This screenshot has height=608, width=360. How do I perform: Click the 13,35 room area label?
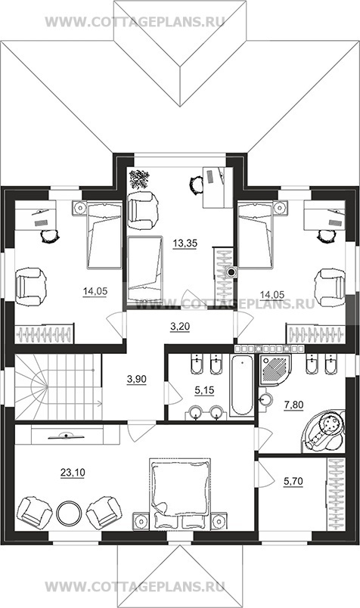[185, 244]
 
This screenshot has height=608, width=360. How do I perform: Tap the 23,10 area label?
[73, 473]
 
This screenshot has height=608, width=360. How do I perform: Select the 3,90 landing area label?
[137, 379]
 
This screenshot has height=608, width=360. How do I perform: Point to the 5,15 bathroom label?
[204, 390]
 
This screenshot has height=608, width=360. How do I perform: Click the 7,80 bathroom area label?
[293, 405]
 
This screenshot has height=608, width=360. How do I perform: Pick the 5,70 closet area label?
[293, 482]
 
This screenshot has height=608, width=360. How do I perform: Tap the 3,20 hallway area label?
[180, 327]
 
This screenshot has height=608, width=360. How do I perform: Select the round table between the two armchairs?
[69, 513]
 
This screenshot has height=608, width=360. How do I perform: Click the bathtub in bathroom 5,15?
[241, 385]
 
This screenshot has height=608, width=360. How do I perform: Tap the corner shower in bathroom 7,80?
[275, 370]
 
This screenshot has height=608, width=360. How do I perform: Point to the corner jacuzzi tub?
[324, 430]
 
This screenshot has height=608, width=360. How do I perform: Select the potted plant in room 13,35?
[139, 179]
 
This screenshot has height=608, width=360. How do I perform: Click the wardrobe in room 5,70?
[336, 494]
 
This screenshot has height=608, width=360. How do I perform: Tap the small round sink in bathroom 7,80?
[265, 399]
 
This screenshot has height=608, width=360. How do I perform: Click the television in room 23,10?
[67, 436]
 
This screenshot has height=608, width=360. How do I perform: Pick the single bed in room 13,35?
[144, 269]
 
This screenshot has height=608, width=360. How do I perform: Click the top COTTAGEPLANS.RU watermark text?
[135, 22]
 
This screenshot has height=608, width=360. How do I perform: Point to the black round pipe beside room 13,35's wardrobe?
[231, 271]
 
